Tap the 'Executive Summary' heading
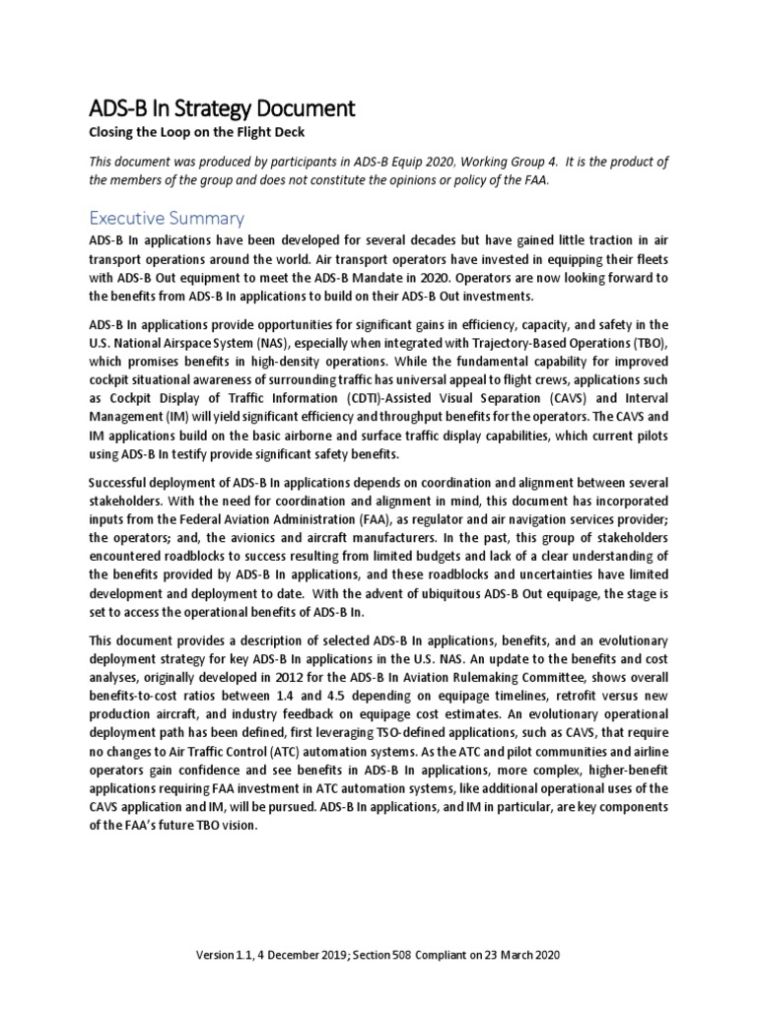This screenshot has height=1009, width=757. pos(167,218)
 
